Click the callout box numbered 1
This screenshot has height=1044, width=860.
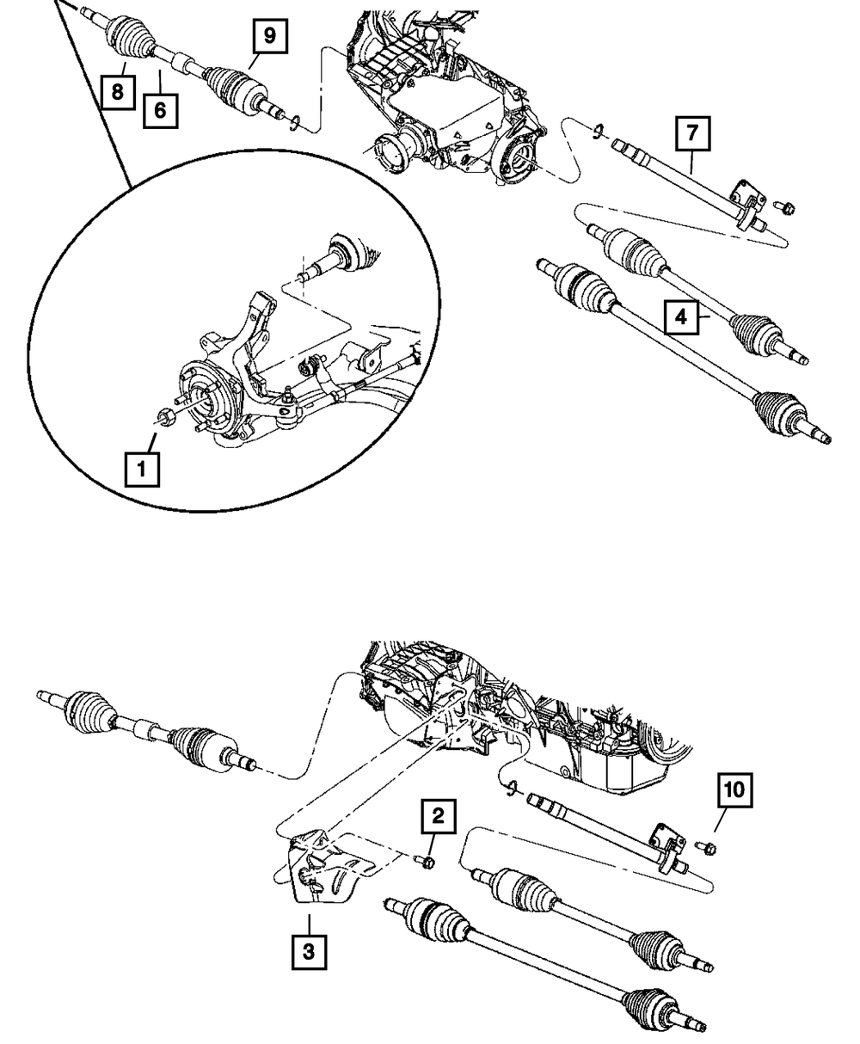point(142,470)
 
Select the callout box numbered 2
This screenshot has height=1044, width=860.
point(438,817)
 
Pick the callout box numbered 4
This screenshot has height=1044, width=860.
point(680,317)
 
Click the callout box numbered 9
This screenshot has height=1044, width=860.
point(269,36)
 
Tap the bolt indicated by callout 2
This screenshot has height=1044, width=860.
point(427,860)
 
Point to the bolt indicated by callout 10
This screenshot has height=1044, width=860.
point(709,850)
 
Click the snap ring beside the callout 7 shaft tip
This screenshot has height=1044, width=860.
point(595,131)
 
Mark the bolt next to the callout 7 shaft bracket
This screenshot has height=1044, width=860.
point(787,207)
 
